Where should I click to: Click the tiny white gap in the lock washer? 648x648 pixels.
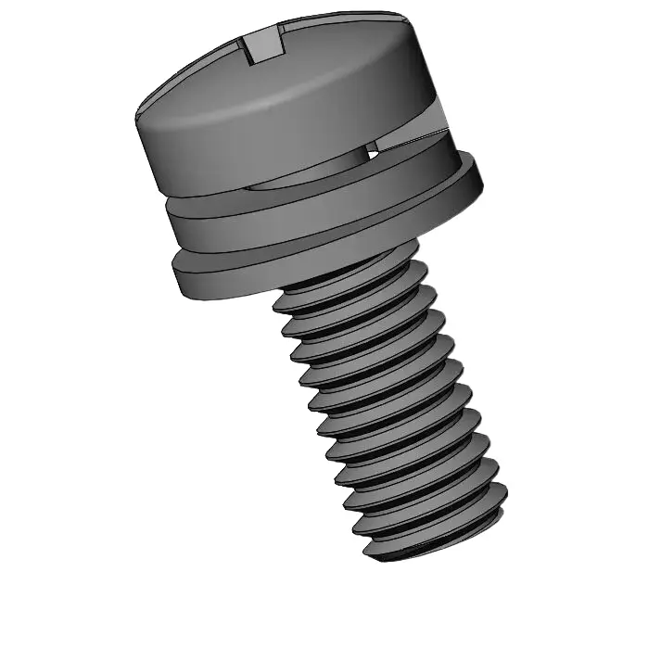374,147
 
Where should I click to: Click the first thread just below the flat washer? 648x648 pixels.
352,283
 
